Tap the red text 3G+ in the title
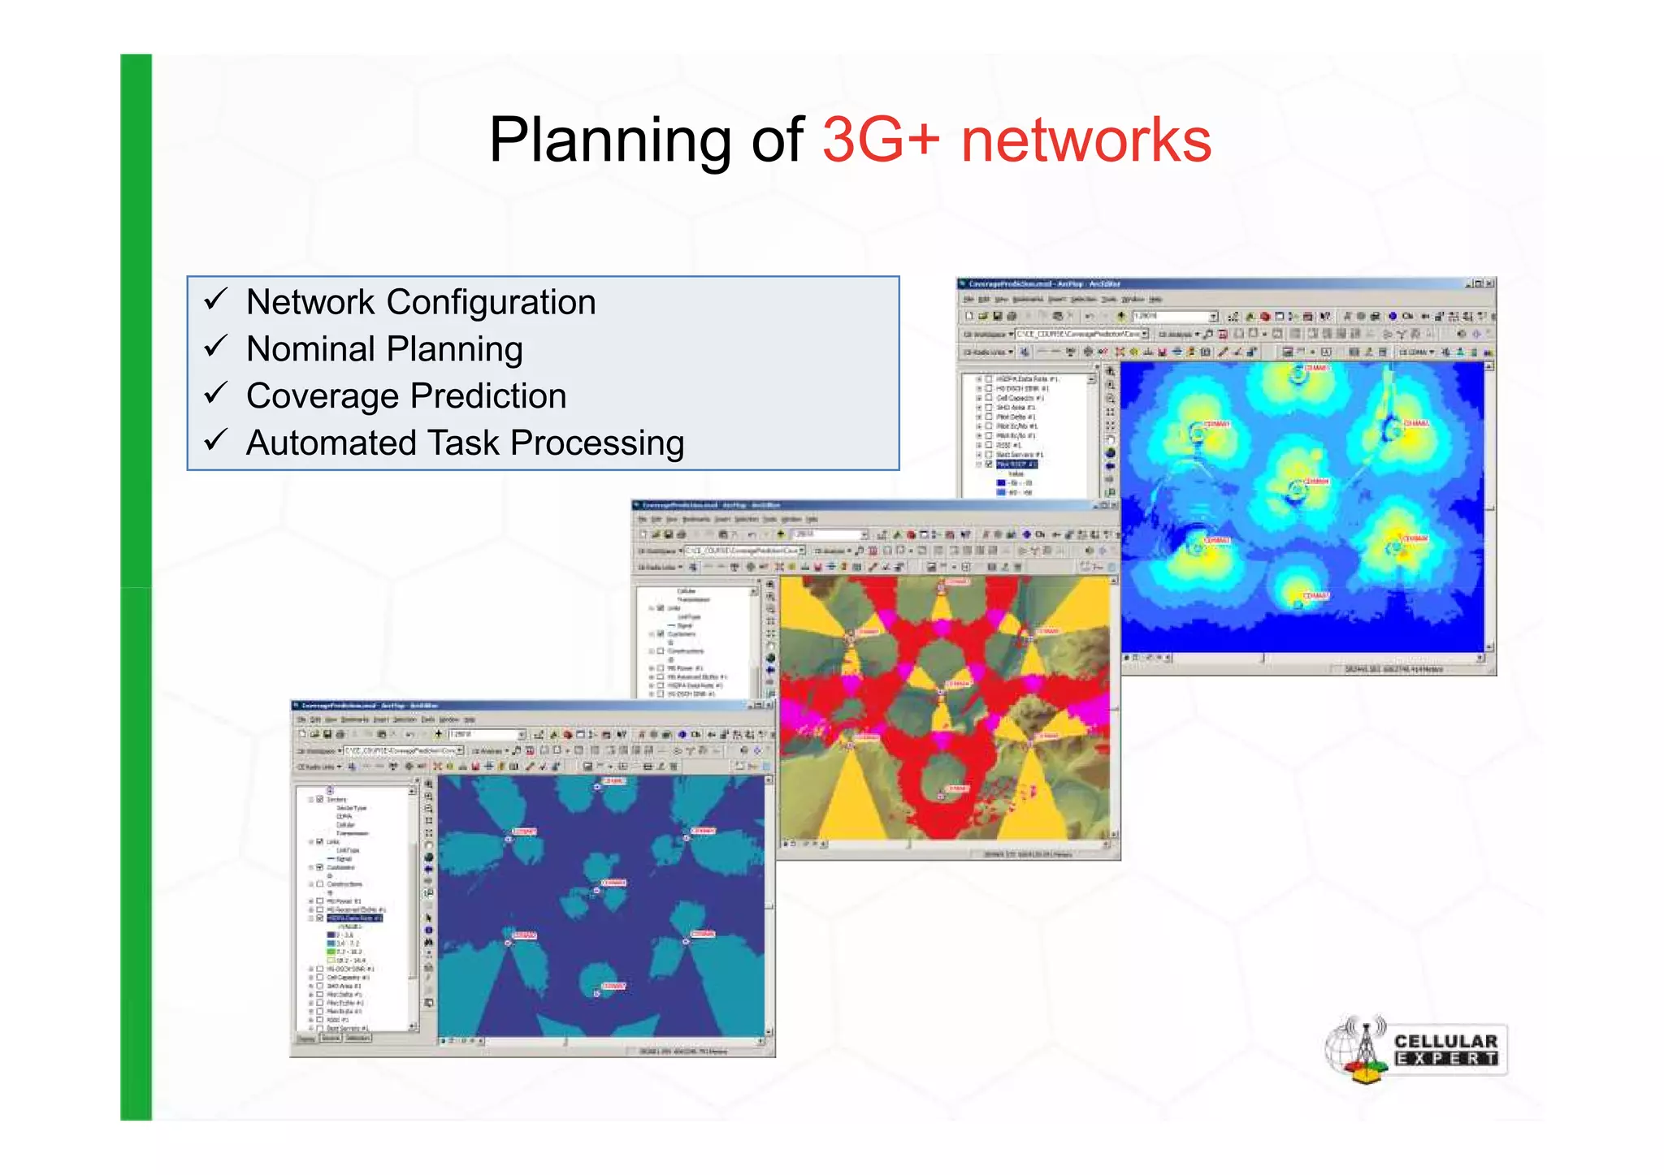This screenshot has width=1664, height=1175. (x=881, y=140)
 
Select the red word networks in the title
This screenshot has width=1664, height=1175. (x=1085, y=140)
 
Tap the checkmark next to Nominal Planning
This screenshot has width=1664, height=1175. (x=215, y=347)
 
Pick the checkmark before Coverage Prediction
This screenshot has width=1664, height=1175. (x=215, y=394)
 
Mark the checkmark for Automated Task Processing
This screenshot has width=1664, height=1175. (x=215, y=441)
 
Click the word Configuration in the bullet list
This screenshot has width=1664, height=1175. (x=491, y=302)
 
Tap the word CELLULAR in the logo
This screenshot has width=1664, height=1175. (x=1445, y=1041)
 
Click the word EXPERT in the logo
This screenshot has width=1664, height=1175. (x=1445, y=1059)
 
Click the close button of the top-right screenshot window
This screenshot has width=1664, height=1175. (x=1489, y=284)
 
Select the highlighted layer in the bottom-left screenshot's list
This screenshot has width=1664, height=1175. (x=354, y=918)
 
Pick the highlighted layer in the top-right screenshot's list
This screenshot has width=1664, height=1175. (x=1016, y=464)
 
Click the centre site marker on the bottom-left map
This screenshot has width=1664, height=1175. (x=596, y=890)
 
